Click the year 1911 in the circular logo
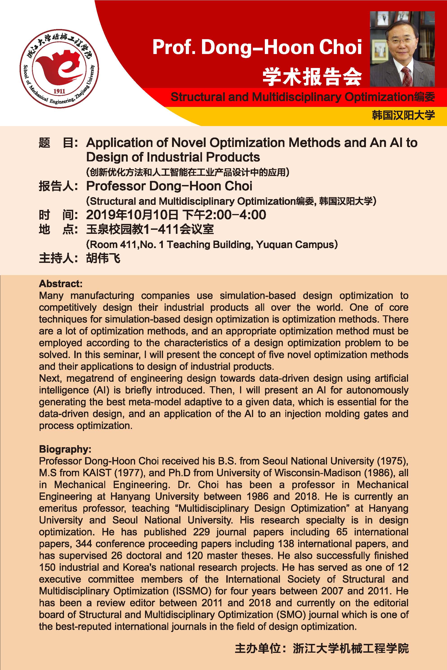pyautogui.click(x=59, y=91)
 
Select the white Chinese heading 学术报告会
pyautogui.click(x=312, y=77)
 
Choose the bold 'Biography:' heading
pyautogui.click(x=65, y=449)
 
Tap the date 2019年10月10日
pyautogui.click(x=132, y=215)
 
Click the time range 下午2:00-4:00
pyautogui.click(x=224, y=215)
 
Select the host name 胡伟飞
pyautogui.click(x=103, y=258)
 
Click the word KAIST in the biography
pyautogui.click(x=97, y=473)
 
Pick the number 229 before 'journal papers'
pyautogui.click(x=201, y=532)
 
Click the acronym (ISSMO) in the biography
pyautogui.click(x=192, y=591)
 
